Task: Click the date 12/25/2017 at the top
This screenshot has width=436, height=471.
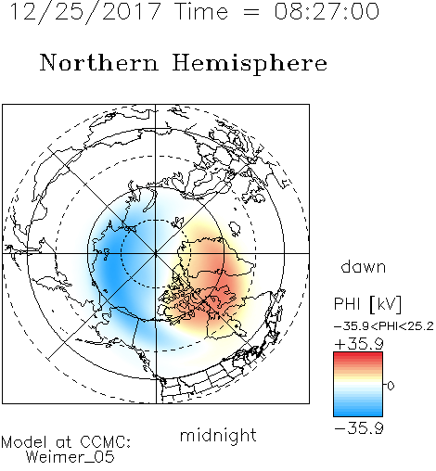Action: coord(85,12)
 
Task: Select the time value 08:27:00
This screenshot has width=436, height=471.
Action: coord(327,11)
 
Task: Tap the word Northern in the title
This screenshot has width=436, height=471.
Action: coord(99,62)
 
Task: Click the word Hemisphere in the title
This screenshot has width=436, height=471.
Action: coord(250,64)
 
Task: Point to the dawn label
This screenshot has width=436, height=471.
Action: coord(364,266)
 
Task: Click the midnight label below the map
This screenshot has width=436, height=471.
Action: coord(218,435)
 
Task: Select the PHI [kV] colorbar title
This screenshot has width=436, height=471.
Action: coord(368,304)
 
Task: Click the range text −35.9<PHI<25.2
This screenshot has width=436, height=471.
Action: coord(384,326)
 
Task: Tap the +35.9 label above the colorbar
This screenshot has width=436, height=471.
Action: coord(359,344)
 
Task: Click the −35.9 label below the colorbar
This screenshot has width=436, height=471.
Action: coord(359,428)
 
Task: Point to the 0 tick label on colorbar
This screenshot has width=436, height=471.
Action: coord(391,386)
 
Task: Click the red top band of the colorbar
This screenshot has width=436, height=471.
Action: coord(358,356)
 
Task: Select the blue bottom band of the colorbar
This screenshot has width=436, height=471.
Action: coord(358,413)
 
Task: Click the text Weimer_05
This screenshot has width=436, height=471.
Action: coord(71,457)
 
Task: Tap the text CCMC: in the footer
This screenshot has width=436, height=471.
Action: coord(105,442)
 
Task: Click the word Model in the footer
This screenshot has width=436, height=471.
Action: coord(24,442)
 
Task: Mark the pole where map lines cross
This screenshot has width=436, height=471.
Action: coord(156,253)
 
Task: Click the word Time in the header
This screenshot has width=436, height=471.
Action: coord(201,11)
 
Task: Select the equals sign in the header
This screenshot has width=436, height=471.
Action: coord(251,12)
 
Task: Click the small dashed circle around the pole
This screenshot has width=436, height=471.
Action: coord(156,220)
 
